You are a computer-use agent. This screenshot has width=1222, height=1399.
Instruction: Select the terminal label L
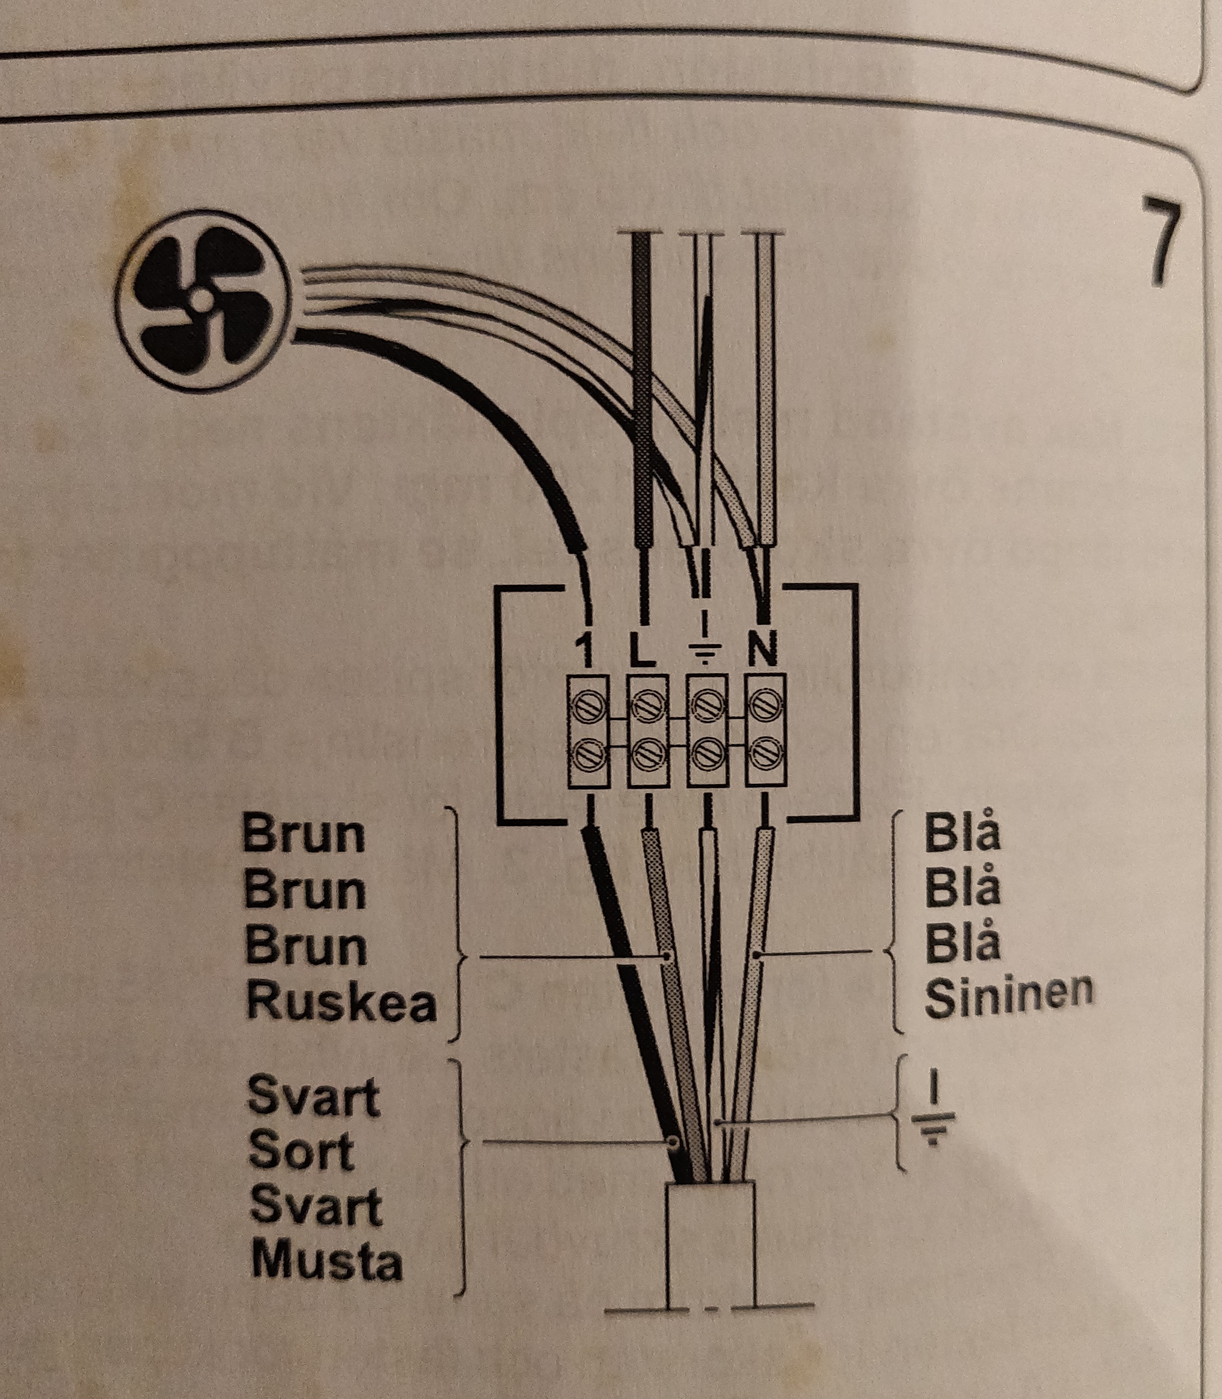point(642,651)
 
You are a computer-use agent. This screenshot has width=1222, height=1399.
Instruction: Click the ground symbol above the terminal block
point(704,646)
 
